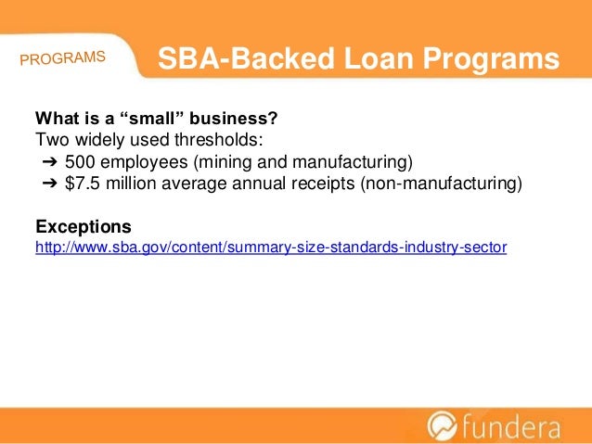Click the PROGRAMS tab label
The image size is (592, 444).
(x=62, y=58)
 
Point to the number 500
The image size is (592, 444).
(x=80, y=163)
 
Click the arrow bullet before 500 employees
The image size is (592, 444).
(x=49, y=163)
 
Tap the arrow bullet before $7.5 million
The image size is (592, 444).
(x=49, y=184)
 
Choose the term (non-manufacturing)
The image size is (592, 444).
(x=442, y=184)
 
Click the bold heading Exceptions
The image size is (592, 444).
(x=83, y=227)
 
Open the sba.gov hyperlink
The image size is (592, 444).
(x=270, y=248)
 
